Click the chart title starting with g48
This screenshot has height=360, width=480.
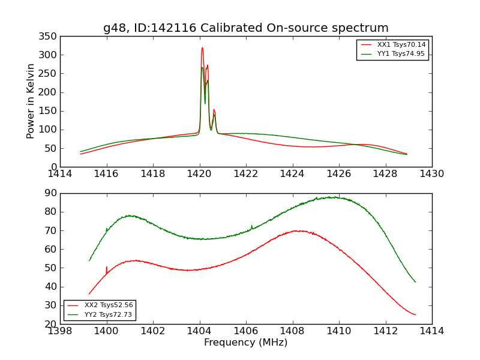point(246,28)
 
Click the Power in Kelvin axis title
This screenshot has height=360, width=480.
point(31,101)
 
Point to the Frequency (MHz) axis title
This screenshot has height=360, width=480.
point(246,343)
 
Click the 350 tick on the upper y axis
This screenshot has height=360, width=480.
point(49,37)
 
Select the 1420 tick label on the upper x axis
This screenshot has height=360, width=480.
point(200,174)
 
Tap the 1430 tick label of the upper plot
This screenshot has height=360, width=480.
point(432,174)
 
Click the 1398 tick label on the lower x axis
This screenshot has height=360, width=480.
point(61,331)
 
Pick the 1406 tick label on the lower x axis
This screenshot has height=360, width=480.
point(246,331)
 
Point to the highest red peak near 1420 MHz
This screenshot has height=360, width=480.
point(202,48)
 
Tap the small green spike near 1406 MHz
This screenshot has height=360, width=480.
point(251,226)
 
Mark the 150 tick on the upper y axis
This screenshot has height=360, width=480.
point(49,111)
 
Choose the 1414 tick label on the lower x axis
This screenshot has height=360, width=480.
point(432,331)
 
